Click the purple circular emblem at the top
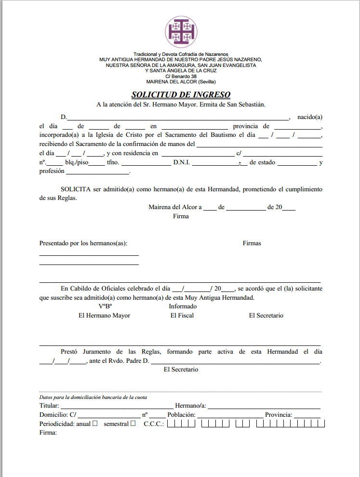pyautogui.click(x=181, y=31)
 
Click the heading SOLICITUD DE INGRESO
pyautogui.click(x=181, y=95)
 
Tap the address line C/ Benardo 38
pyautogui.click(x=181, y=76)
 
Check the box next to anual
pyautogui.click(x=95, y=424)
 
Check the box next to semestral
pyautogui.click(x=133, y=424)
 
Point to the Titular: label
pyautogui.click(x=50, y=406)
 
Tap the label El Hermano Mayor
pyautogui.click(x=104, y=316)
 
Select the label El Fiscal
pyautogui.click(x=182, y=316)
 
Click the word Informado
pyautogui.click(x=183, y=306)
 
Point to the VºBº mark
pyautogui.click(x=105, y=306)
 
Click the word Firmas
pyautogui.click(x=252, y=243)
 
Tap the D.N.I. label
pyautogui.click(x=182, y=162)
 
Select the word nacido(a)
pyautogui.click(x=309, y=117)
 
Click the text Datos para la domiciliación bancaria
pyautogui.click(x=93, y=397)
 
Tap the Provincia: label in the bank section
pyautogui.click(x=279, y=415)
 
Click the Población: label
pyautogui.click(x=181, y=415)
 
